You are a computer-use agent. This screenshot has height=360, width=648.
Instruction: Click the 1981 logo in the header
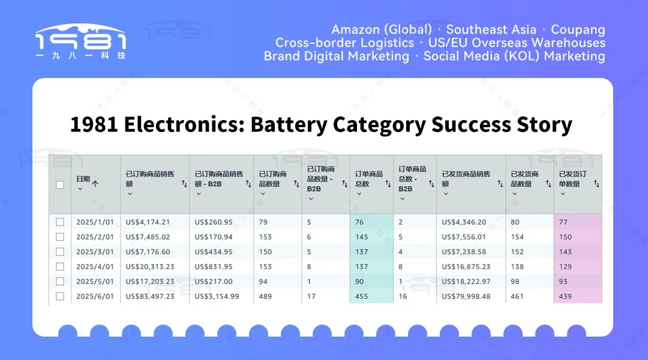pos(80,41)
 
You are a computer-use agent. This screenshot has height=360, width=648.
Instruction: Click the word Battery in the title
pos(289,124)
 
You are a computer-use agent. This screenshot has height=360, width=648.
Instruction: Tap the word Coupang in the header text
pos(578,30)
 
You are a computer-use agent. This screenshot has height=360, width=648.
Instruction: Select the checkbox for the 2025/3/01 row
pos(60,252)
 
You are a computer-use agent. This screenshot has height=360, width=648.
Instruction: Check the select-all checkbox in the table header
pos(60,185)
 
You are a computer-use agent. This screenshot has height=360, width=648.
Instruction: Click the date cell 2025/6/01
pos(95,296)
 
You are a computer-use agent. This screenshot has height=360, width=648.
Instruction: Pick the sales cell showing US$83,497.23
pos(150,296)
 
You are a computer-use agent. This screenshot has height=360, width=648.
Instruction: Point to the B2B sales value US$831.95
pos(214,266)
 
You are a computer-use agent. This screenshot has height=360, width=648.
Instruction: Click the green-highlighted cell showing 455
pos(362,296)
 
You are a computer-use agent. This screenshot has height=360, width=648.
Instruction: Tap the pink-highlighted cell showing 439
pos(565,296)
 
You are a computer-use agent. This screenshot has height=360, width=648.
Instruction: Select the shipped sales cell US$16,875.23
pos(466,266)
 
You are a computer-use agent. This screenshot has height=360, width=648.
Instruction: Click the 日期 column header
pos(83,179)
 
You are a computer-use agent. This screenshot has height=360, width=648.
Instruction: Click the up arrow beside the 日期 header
pos(95,184)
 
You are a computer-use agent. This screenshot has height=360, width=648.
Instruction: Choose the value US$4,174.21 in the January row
pos(148,222)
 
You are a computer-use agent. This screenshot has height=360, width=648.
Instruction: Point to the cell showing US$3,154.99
pos(217,296)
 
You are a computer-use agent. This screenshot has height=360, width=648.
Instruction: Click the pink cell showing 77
pos(563,222)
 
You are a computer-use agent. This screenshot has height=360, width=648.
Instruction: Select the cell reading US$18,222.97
pos(466,281)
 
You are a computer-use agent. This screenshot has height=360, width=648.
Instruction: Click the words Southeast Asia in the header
pos(491,30)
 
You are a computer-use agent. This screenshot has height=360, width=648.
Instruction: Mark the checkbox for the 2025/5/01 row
pos(60,281)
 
